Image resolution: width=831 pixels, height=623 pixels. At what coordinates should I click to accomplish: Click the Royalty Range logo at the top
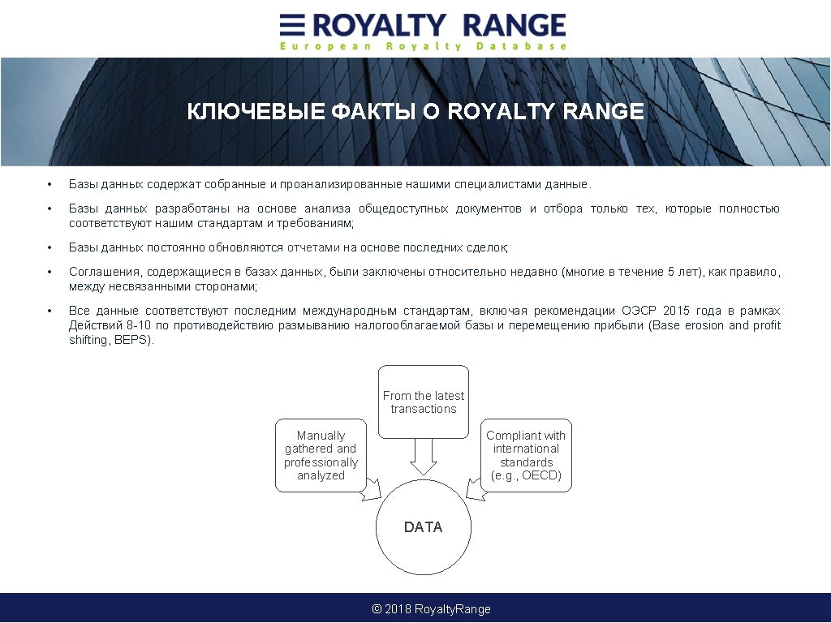click(x=423, y=25)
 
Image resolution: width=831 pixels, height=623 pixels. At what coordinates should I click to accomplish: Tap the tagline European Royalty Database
click(x=423, y=47)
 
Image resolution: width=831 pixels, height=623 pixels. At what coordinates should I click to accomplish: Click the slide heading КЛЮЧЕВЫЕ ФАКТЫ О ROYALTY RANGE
click(x=415, y=112)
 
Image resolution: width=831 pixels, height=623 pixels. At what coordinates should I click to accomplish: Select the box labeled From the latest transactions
click(x=424, y=402)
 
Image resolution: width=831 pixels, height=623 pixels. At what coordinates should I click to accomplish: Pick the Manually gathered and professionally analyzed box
click(x=321, y=455)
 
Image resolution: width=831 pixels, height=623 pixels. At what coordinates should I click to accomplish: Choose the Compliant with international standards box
click(x=526, y=455)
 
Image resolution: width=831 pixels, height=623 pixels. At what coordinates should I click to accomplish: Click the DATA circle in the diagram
click(x=424, y=527)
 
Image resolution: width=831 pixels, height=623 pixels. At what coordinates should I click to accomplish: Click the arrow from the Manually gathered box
click(x=371, y=488)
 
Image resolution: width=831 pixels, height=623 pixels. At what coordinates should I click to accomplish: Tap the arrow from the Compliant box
click(x=475, y=488)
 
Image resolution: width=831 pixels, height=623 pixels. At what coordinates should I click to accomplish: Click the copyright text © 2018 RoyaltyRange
click(x=431, y=609)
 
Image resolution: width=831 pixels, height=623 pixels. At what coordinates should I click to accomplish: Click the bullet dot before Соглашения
click(x=50, y=272)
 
